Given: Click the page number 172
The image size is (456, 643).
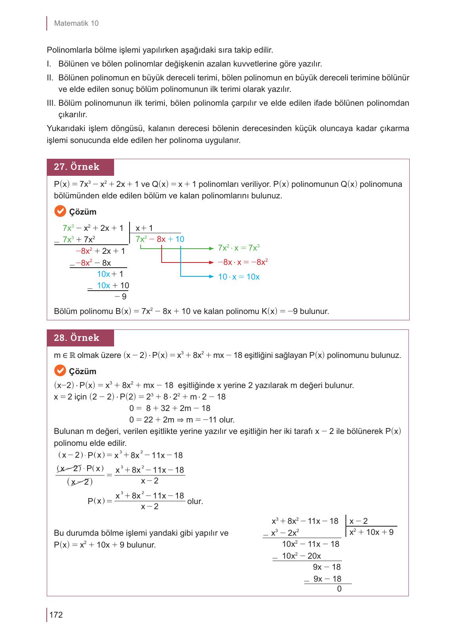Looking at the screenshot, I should (x=56, y=614).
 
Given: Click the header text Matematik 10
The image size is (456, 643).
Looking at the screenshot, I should (x=76, y=23).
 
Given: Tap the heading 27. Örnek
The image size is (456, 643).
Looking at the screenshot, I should (x=77, y=167).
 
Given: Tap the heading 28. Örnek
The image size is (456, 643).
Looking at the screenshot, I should (x=77, y=338).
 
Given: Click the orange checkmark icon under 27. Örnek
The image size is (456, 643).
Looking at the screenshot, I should (x=59, y=211).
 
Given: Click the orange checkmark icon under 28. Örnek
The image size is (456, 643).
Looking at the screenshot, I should (x=59, y=371).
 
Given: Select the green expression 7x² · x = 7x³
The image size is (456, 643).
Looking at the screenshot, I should (x=238, y=248).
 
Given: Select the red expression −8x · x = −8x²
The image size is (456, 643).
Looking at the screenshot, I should (x=243, y=262).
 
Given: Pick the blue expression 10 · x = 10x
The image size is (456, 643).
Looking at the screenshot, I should (x=238, y=277).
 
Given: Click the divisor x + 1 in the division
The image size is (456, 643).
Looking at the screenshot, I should (x=144, y=228).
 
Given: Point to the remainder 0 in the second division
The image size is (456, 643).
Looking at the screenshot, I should (x=339, y=589).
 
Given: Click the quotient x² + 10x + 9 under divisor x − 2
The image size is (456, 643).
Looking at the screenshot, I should (x=371, y=532).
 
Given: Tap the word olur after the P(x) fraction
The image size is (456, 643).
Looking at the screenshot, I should (x=195, y=501).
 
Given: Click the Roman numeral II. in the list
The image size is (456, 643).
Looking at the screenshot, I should (x=51, y=78).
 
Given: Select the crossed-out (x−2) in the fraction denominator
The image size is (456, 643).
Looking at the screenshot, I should (x=80, y=482).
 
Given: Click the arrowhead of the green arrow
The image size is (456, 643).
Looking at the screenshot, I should (x=212, y=248).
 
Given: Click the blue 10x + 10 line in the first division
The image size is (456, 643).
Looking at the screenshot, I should (x=113, y=285).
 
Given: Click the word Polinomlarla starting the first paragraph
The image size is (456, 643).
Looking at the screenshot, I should (x=69, y=50).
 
